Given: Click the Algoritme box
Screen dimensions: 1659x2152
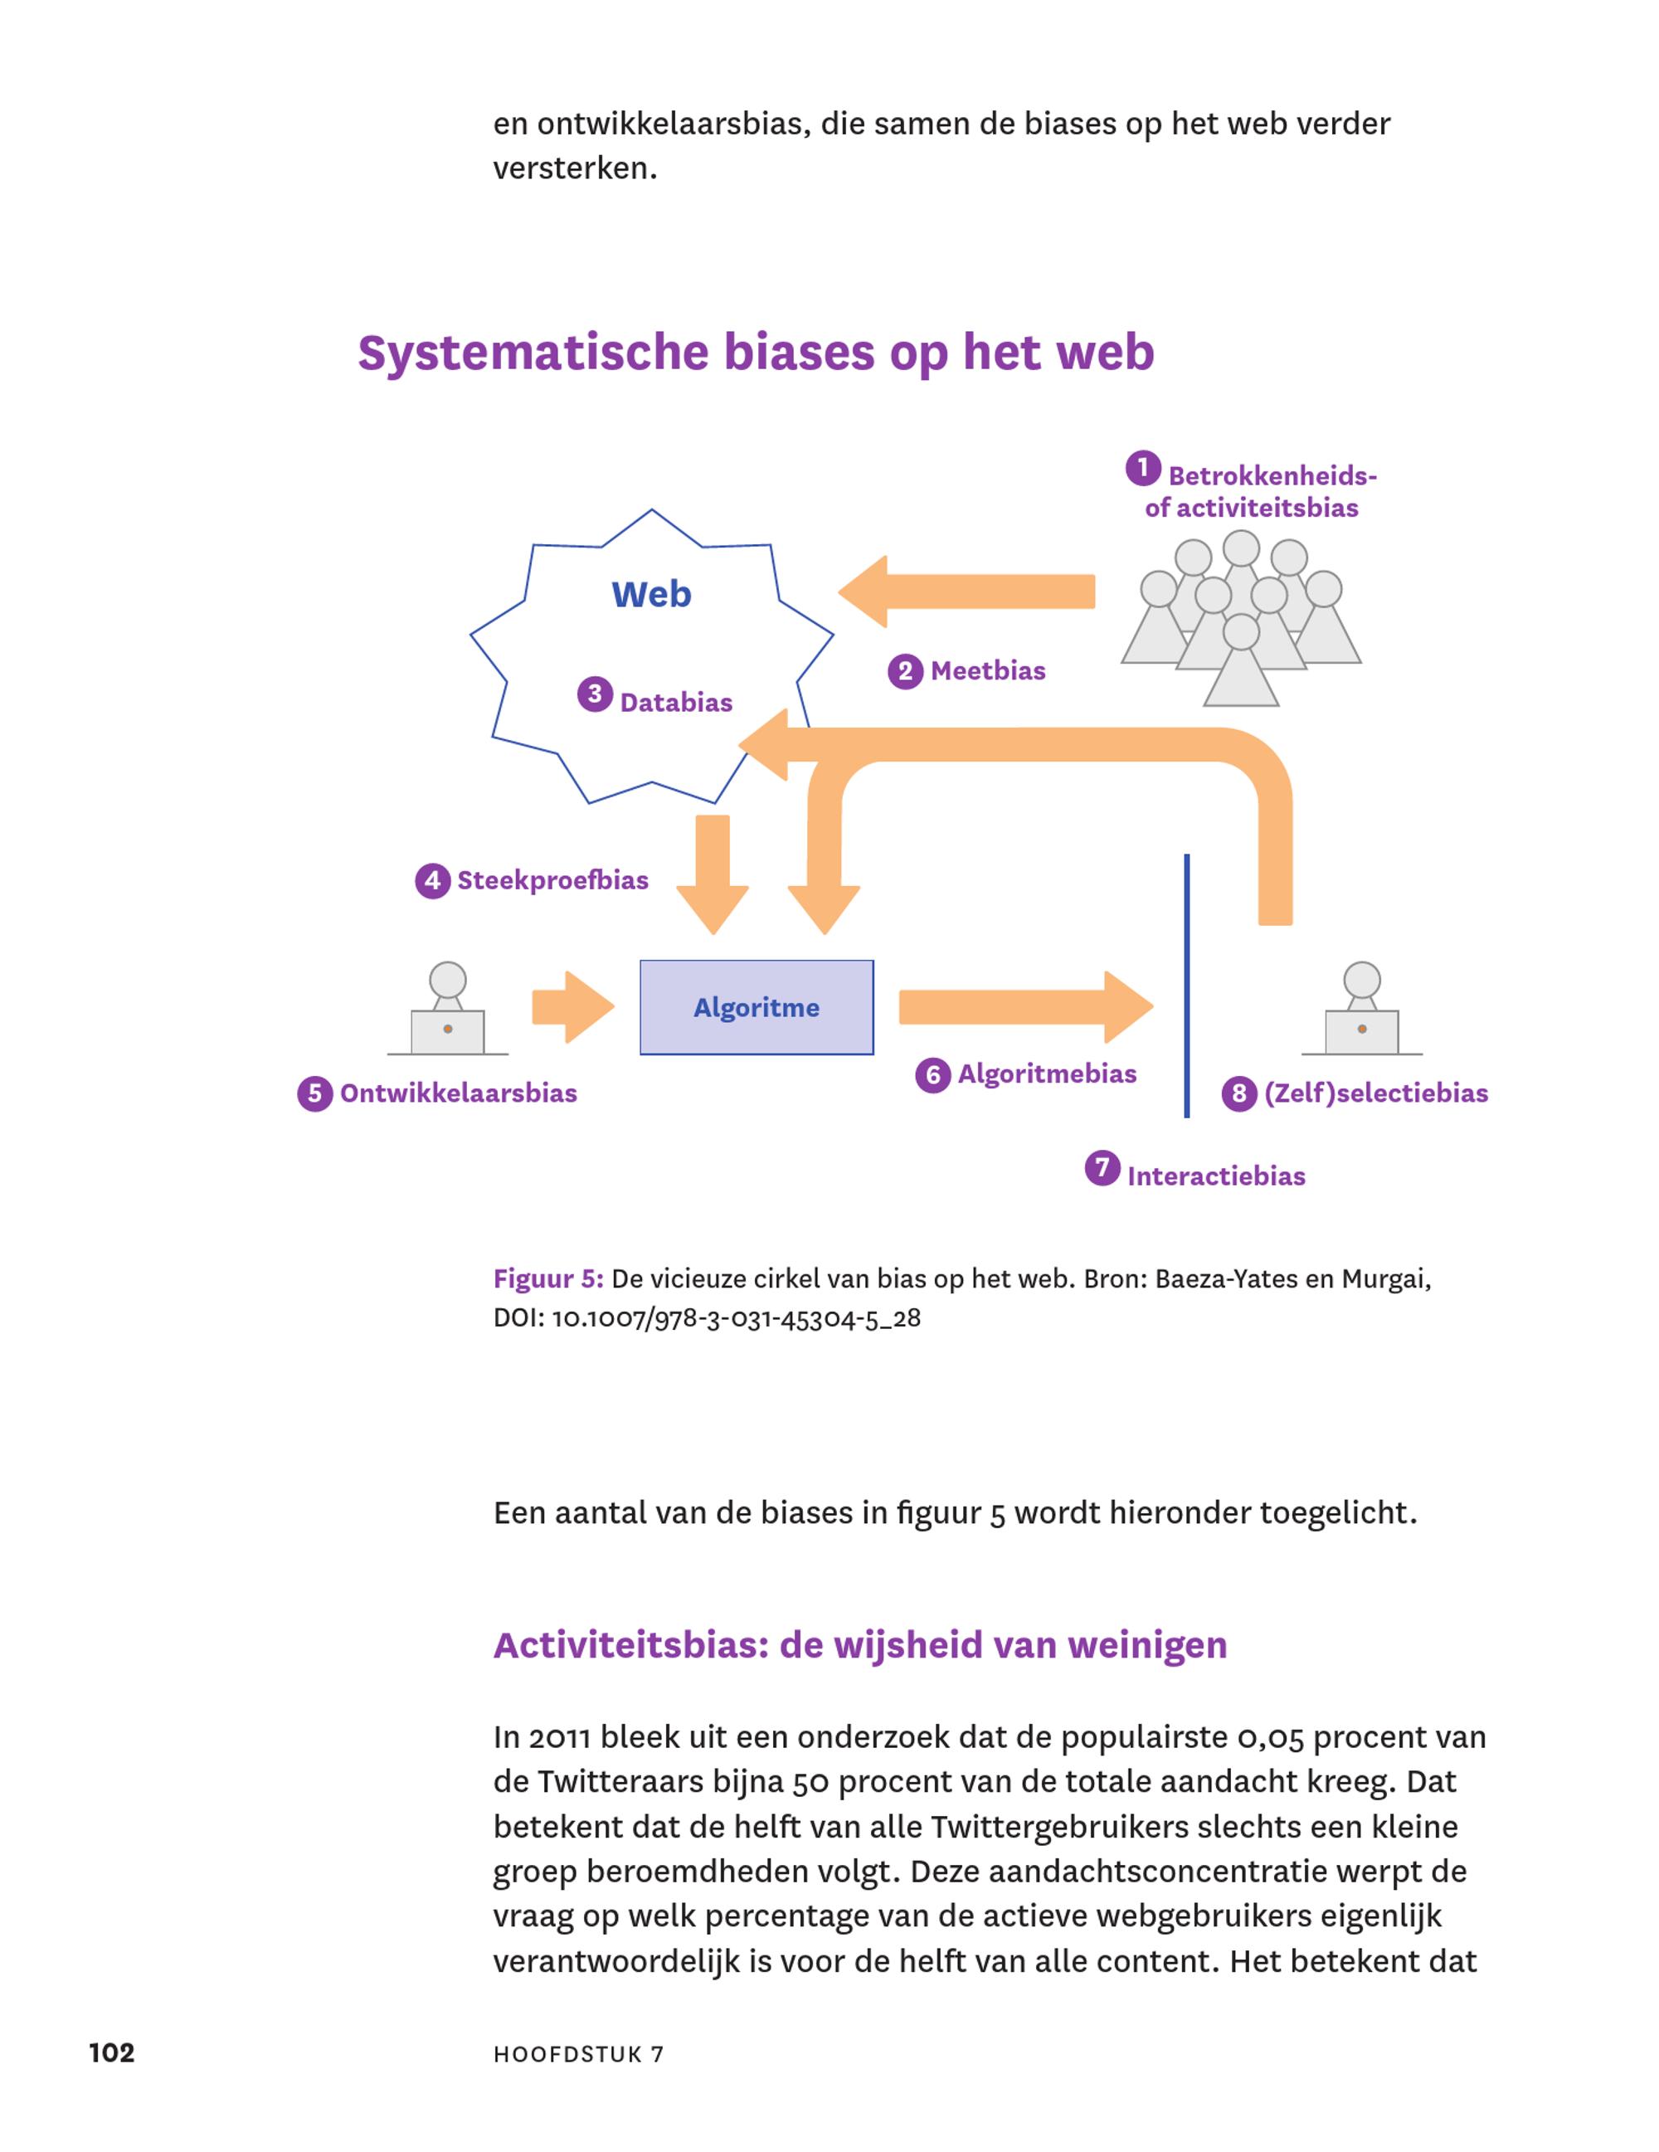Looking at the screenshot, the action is point(756,1007).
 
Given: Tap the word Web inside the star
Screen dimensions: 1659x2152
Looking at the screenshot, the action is point(651,594).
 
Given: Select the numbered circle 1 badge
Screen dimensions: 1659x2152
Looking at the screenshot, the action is point(1143,468).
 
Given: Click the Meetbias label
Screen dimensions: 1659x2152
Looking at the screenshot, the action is point(988,671).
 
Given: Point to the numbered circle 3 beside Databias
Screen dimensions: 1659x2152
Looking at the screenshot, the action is point(594,694).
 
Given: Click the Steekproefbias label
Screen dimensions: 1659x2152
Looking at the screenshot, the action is point(552,880).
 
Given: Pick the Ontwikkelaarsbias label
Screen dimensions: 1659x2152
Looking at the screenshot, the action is point(458,1093).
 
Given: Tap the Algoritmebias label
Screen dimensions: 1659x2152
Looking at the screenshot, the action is point(1047,1074).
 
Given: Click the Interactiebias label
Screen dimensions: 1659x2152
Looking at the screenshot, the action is point(1216,1176).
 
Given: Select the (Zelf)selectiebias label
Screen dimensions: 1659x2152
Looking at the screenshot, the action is point(1375,1093).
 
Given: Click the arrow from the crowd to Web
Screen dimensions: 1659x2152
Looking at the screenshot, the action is point(966,592).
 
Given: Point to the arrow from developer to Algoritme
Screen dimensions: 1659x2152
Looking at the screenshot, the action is point(573,1007).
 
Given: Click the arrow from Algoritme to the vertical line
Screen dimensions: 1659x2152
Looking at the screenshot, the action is point(1025,1007).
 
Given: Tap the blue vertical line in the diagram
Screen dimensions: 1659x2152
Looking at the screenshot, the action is point(1186,986).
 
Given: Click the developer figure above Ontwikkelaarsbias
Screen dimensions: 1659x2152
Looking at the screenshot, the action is point(447,1008).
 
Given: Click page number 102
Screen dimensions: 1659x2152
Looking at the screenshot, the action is point(111,2052).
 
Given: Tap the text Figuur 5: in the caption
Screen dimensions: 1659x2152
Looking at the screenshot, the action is point(547,1280).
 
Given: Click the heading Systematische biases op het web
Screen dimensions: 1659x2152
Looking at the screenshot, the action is point(756,353).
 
